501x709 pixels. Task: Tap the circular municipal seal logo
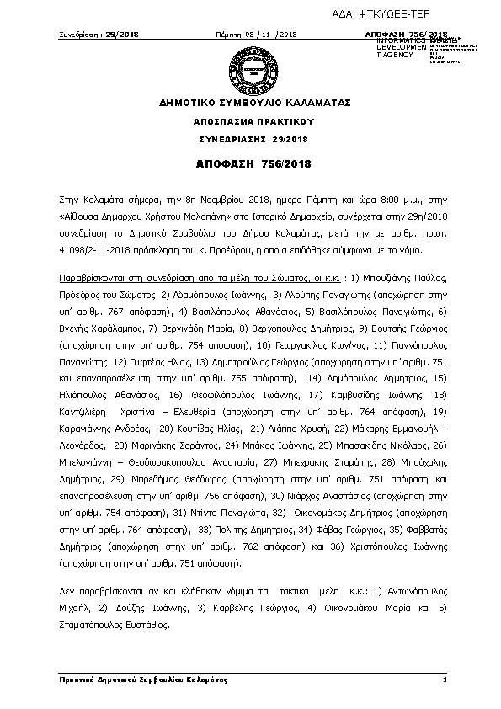pos(249,67)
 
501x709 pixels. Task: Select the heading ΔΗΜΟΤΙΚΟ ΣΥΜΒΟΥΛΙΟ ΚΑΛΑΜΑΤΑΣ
pos(249,104)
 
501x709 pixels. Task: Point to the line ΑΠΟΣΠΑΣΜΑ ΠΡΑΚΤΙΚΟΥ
pos(249,122)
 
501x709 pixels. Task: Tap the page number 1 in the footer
pos(444,679)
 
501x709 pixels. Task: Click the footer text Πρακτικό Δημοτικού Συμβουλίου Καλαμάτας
pos(144,679)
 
